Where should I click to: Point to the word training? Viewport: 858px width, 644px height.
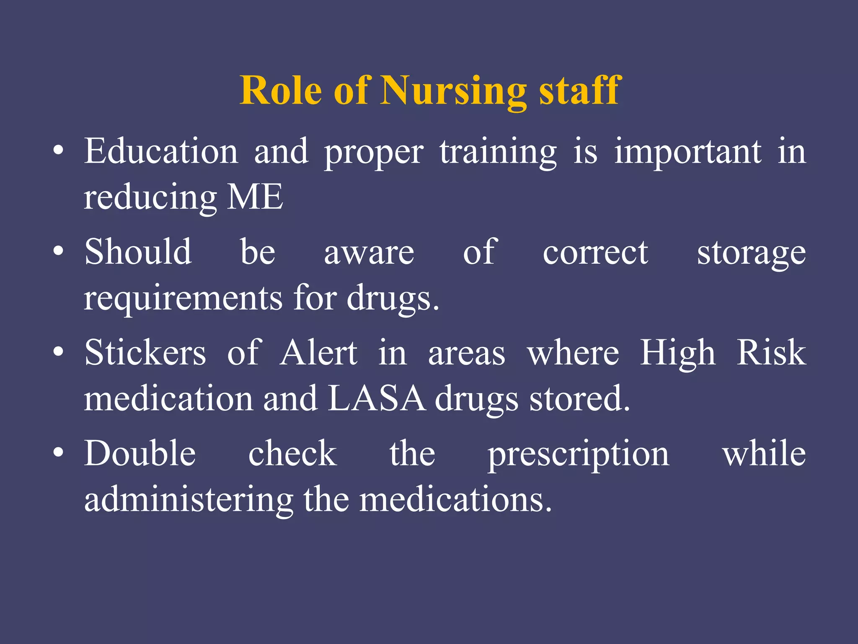click(498, 152)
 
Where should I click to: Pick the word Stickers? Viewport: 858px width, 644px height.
click(145, 353)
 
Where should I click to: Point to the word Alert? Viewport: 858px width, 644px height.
click(319, 353)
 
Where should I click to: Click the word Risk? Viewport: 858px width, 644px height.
click(771, 353)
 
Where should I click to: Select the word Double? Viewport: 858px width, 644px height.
click(140, 454)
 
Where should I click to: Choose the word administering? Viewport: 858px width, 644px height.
click(189, 500)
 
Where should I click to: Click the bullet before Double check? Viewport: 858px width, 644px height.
click(59, 453)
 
